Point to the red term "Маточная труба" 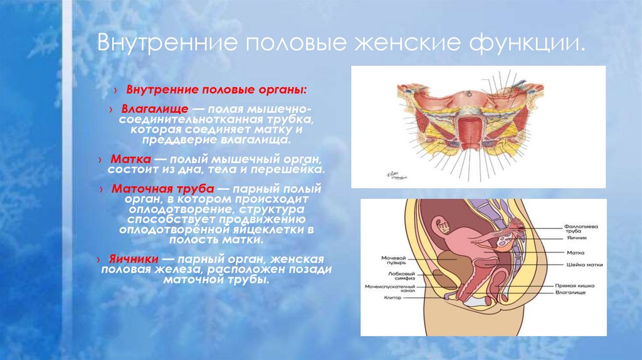(164, 188)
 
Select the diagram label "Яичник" (576, 239)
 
